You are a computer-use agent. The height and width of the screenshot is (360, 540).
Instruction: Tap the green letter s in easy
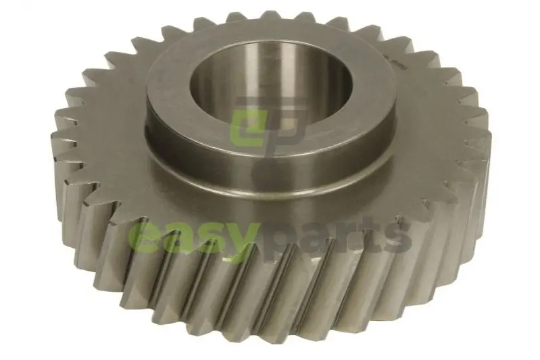click(208, 238)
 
